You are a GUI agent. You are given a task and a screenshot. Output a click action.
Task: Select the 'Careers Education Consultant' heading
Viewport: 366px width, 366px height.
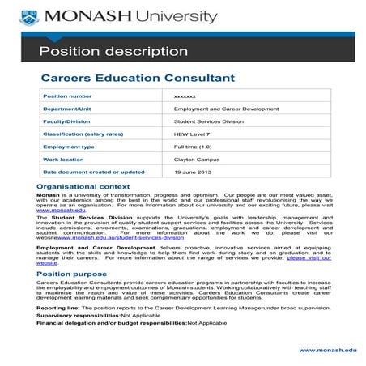point(138,79)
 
